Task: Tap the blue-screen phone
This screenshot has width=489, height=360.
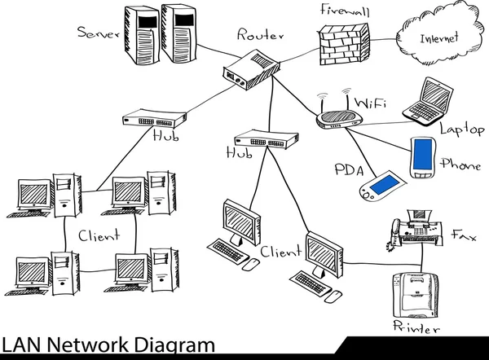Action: [x=422, y=156]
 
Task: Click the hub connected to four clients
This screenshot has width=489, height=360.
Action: [x=151, y=119]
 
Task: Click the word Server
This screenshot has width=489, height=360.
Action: [x=97, y=33]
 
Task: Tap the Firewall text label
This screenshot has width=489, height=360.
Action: [x=345, y=11]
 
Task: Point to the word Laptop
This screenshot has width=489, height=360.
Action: [x=462, y=130]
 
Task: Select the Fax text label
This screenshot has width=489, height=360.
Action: [x=463, y=235]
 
